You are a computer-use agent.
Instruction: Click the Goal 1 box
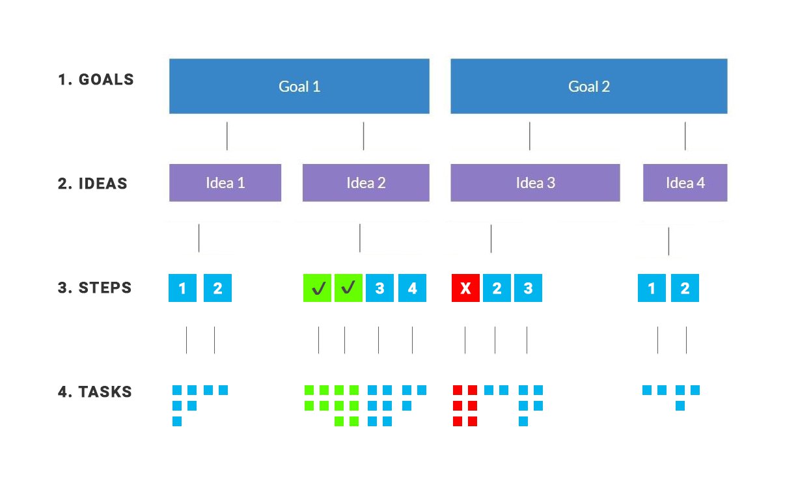[299, 86]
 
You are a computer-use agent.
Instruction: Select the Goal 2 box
[589, 86]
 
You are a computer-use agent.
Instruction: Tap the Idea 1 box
[225, 183]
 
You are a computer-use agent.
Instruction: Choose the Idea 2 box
[366, 183]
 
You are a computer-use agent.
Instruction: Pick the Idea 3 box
[535, 183]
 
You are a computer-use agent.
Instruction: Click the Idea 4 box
[685, 183]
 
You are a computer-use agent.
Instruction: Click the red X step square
[465, 288]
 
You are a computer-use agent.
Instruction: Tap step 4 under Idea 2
[412, 288]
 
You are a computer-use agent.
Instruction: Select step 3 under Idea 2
[379, 288]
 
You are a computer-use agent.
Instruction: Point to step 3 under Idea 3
[529, 288]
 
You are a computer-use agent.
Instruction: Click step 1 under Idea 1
[182, 288]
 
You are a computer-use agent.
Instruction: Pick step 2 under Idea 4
[685, 288]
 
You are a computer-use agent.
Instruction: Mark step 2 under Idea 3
[497, 288]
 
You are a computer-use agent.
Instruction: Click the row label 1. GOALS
[96, 79]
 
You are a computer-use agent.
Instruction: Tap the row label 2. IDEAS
[92, 184]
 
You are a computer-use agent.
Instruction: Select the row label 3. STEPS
[95, 288]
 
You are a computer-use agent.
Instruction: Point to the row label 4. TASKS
[95, 392]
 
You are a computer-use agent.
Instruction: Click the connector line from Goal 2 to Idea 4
[685, 136]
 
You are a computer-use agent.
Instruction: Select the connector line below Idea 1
[199, 238]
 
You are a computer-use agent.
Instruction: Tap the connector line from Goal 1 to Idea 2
[363, 136]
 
